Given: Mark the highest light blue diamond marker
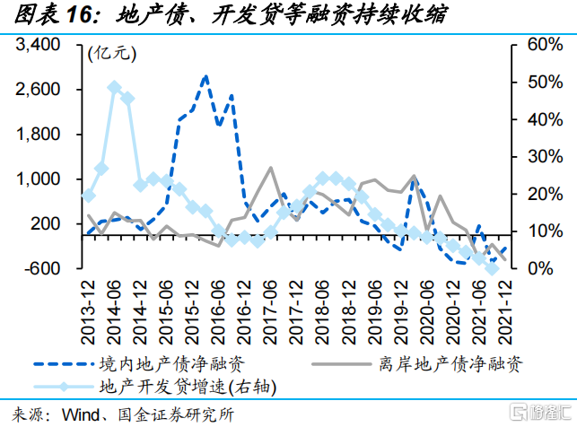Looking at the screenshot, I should (x=114, y=87).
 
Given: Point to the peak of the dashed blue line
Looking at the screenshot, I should (x=205, y=76).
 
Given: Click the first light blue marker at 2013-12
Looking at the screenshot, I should (x=88, y=195).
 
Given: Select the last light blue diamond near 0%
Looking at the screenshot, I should (x=491, y=267).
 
